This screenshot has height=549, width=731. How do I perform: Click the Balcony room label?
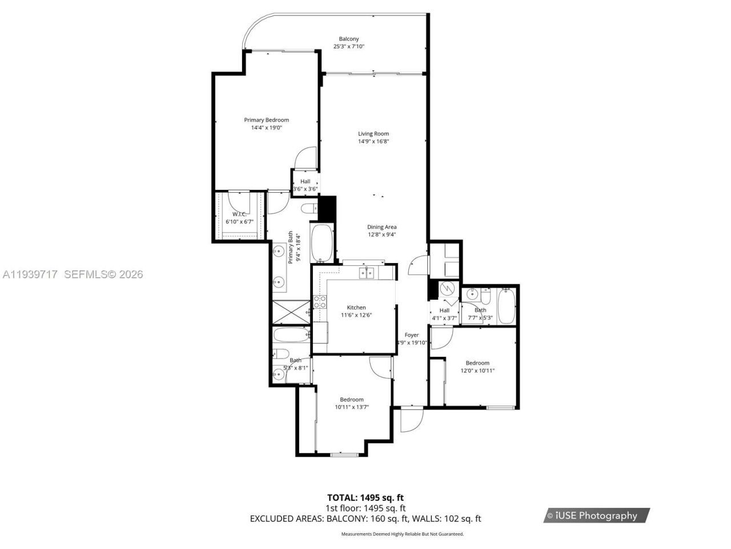coord(349,39)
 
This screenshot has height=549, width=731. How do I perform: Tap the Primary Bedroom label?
coord(266,120)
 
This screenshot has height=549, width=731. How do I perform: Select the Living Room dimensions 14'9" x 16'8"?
coord(373,141)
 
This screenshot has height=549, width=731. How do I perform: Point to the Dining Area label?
coord(381,227)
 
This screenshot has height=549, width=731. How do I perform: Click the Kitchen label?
coord(356,308)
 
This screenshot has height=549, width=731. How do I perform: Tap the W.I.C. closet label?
coord(239,214)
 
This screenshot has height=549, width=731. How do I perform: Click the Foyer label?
coord(412,335)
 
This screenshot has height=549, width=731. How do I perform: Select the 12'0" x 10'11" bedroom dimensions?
coord(477,371)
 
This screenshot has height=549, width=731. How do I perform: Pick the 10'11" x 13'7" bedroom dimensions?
coord(352,407)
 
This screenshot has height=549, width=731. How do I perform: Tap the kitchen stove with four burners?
coord(320,302)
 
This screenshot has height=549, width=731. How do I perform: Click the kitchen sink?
coord(367,273)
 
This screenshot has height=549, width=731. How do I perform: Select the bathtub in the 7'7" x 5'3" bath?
coord(507,306)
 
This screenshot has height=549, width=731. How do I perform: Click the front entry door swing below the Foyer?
coord(411,420)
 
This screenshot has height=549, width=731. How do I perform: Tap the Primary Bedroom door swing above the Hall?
coord(306,158)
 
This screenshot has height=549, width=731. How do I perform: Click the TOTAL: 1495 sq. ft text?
coord(365,498)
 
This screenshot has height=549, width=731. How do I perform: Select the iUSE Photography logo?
coord(596,515)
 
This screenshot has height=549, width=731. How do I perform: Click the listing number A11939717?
coord(30,274)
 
